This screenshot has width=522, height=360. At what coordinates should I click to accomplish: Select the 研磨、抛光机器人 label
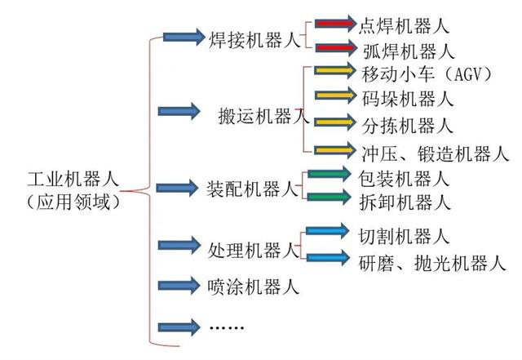tap(431, 262)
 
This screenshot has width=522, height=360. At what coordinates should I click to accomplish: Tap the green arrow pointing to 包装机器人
tap(330, 174)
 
